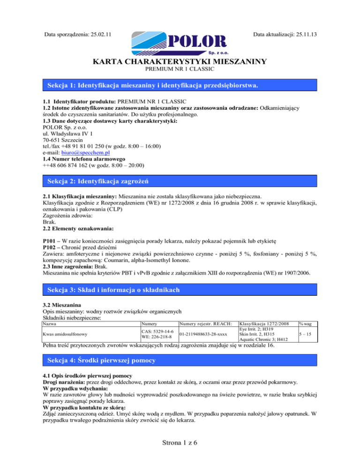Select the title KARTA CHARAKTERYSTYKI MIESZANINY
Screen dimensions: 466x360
click(x=180, y=61)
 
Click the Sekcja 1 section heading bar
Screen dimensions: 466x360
click(x=180, y=86)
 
